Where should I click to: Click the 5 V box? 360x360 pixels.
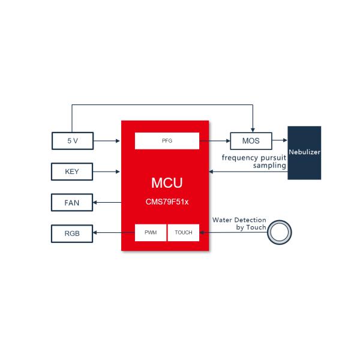click(72, 141)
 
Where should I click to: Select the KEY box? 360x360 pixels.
click(72, 172)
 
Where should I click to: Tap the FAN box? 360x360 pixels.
click(72, 203)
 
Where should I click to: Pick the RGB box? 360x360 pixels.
click(72, 233)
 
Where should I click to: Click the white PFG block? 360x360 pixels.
click(167, 141)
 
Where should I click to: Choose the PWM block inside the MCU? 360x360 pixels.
click(150, 232)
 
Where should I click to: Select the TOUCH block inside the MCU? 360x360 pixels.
click(184, 232)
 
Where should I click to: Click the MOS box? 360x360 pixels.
click(251, 141)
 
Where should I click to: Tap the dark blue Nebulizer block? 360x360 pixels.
click(304, 152)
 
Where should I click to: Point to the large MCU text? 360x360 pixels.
click(166, 182)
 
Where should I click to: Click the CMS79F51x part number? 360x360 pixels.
click(166, 202)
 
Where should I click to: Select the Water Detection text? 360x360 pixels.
click(239, 220)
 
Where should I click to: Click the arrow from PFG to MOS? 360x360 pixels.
click(215, 141)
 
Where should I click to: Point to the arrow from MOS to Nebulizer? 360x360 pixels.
click(280, 141)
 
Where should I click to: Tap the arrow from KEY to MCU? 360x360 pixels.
click(107, 172)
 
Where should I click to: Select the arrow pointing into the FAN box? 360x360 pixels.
click(107, 203)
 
